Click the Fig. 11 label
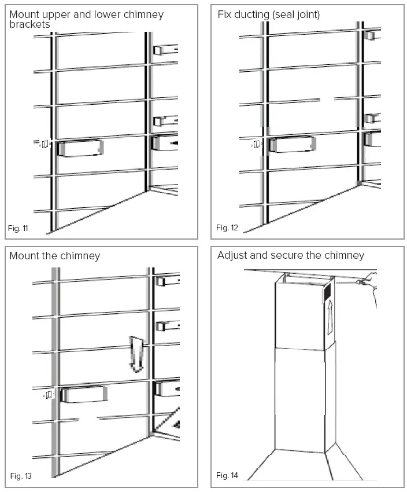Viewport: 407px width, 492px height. point(18,228)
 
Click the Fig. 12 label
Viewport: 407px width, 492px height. point(227,228)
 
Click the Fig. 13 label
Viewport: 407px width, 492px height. point(21,476)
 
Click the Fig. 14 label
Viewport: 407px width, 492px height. point(227,476)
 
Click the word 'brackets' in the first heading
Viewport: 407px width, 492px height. point(29,25)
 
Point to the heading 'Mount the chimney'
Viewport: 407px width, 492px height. point(55,256)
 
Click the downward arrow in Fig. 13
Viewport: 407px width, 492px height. point(136,353)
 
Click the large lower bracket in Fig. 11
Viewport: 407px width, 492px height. point(80,148)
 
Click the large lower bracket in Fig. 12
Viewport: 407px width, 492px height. point(292,144)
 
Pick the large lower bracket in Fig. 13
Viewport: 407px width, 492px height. point(84,395)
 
